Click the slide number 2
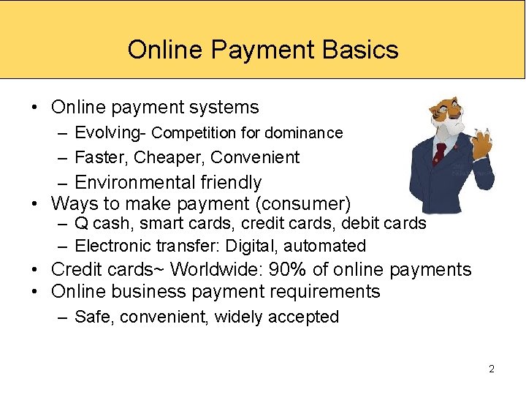[492, 369]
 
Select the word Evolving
[107, 132]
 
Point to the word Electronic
[111, 246]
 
